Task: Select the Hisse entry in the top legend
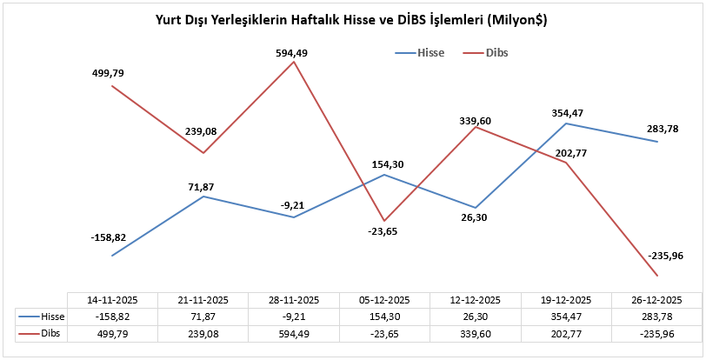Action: click(430, 52)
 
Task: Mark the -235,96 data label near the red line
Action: click(666, 256)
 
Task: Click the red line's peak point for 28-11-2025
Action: click(295, 62)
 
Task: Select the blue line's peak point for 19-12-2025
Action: click(567, 123)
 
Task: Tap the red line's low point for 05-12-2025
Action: click(385, 221)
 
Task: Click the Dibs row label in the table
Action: click(52, 333)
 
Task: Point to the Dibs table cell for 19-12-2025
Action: click(566, 333)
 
